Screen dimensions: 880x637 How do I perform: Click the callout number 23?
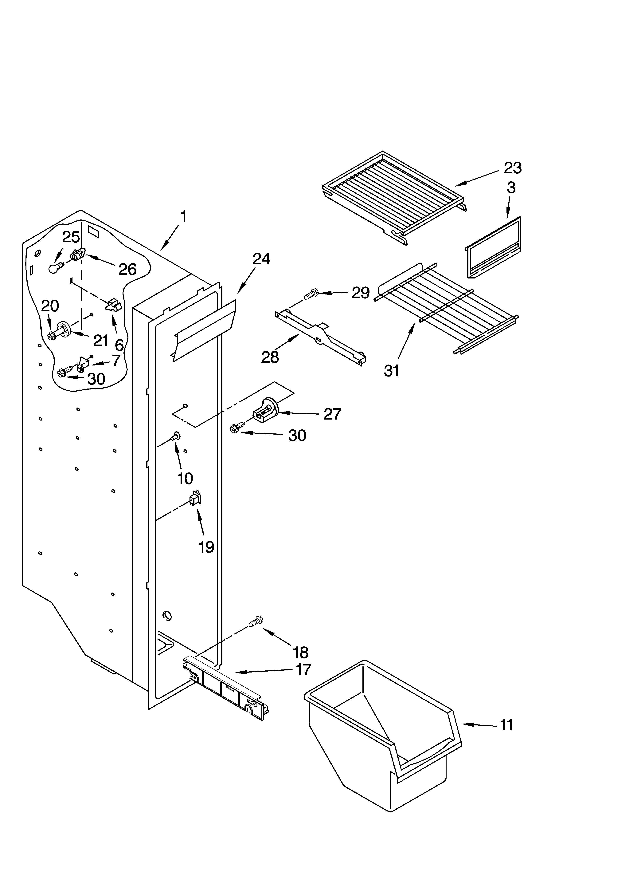[512, 168]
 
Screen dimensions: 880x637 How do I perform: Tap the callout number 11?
[506, 724]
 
